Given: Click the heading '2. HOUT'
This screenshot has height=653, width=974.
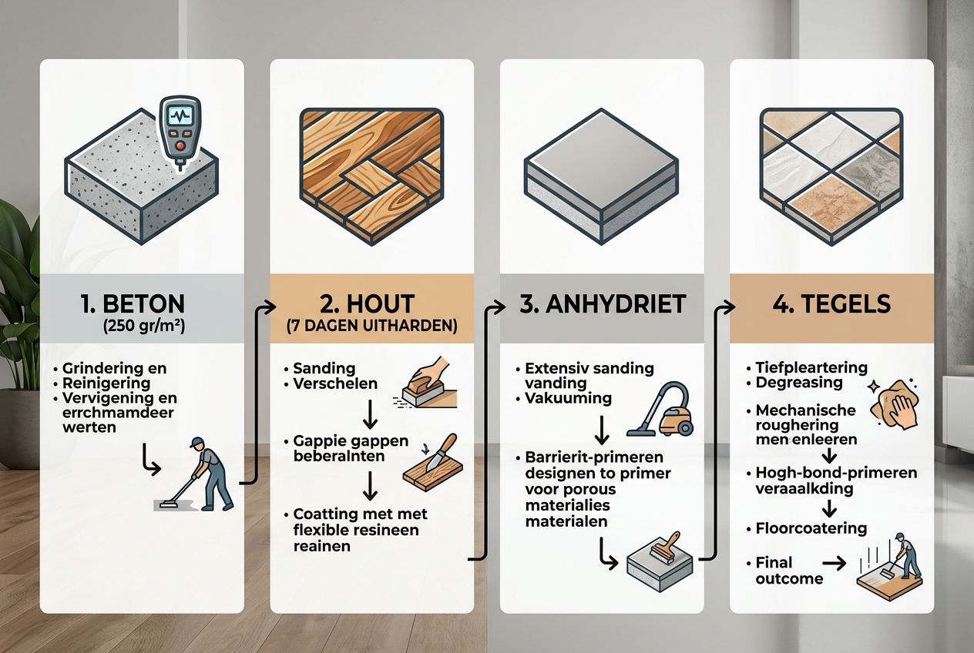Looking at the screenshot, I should pyautogui.click(x=371, y=303).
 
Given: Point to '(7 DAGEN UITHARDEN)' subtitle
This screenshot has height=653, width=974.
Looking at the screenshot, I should pyautogui.click(x=371, y=325).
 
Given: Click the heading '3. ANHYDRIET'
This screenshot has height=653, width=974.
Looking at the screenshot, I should pyautogui.click(x=602, y=303).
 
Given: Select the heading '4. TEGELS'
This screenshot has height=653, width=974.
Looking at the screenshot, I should pyautogui.click(x=831, y=303).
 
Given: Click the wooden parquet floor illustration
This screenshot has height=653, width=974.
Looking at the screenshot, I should pyautogui.click(x=371, y=176).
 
